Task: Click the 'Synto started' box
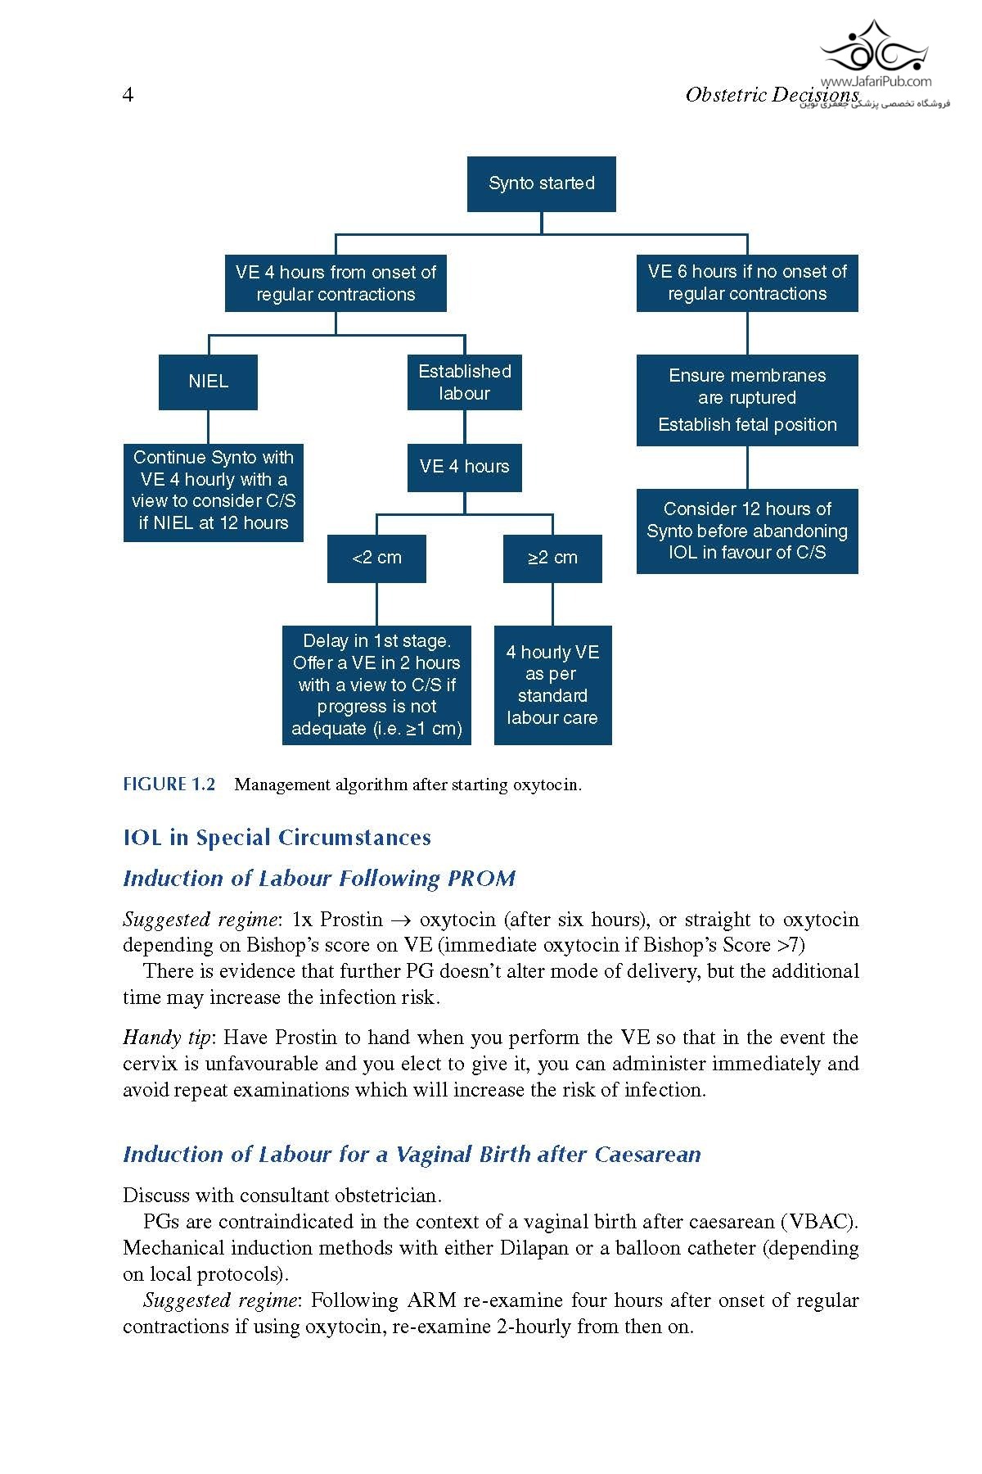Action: (x=541, y=183)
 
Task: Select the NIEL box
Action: (x=208, y=382)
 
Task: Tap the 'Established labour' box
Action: (x=464, y=382)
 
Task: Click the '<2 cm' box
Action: (x=376, y=558)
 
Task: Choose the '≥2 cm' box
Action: (x=552, y=558)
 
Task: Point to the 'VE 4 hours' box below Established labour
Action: (x=464, y=467)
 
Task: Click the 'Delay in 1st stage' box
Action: (x=376, y=685)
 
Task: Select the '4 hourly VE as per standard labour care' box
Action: (x=552, y=685)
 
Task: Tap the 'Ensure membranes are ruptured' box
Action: (x=747, y=400)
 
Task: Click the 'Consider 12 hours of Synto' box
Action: (x=747, y=531)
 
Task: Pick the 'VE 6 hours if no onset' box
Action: (x=747, y=283)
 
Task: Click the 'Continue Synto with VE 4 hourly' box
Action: (x=213, y=491)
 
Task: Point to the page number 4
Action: (x=128, y=95)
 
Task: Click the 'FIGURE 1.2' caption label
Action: (x=169, y=784)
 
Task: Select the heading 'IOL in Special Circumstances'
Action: (x=277, y=838)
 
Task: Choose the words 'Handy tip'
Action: (x=166, y=1038)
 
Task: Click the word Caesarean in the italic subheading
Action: (x=647, y=1155)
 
